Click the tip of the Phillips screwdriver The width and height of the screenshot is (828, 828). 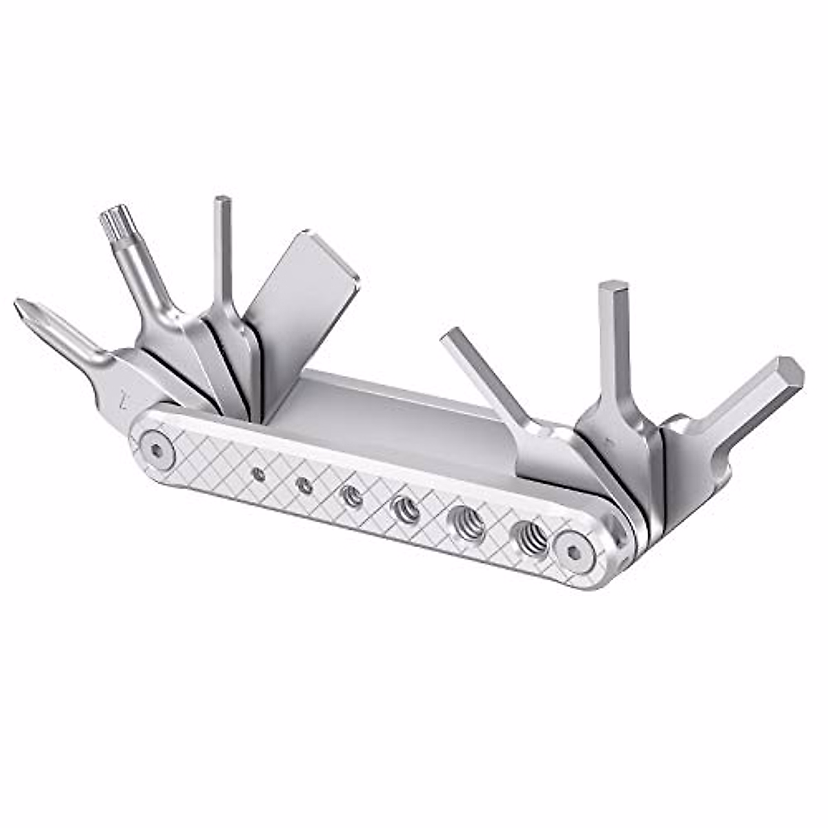23,308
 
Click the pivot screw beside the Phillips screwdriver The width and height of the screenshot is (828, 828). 157,450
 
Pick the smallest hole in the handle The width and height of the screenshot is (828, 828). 259,473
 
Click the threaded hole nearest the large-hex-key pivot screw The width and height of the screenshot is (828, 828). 529,536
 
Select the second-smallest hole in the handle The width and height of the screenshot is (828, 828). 304,486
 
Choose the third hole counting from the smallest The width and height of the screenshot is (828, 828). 352,496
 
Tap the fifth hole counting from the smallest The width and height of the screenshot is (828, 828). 467,522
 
